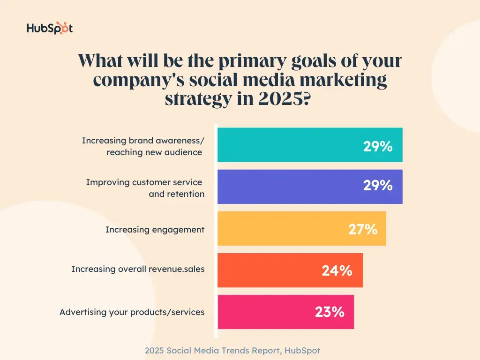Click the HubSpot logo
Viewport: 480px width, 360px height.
(x=50, y=28)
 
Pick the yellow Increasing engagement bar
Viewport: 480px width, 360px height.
(x=281, y=228)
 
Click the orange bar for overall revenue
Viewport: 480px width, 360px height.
(x=267, y=270)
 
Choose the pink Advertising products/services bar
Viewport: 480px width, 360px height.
(x=262, y=312)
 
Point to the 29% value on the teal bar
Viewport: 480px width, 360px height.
(x=377, y=146)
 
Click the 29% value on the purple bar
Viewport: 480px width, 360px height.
(x=377, y=186)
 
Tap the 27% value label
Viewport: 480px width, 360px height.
(x=362, y=229)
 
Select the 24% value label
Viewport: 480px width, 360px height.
(x=337, y=270)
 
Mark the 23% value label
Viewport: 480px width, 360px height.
(x=330, y=312)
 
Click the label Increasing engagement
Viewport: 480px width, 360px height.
(x=155, y=230)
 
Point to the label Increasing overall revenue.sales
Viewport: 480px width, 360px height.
(x=138, y=269)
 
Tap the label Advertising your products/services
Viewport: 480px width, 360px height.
(x=132, y=312)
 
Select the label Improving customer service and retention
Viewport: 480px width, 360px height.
(x=145, y=188)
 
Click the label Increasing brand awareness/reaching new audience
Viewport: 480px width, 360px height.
(x=143, y=146)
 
